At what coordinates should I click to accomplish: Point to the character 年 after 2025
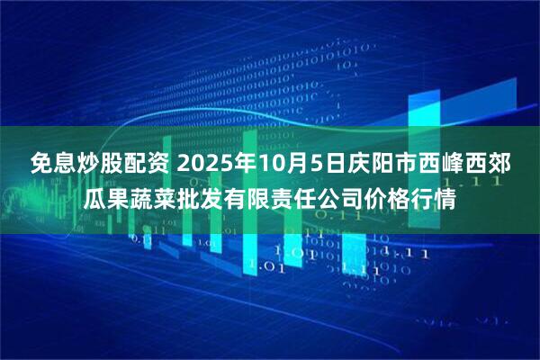pos(249,164)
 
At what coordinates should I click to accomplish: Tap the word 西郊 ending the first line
pos(491,164)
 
